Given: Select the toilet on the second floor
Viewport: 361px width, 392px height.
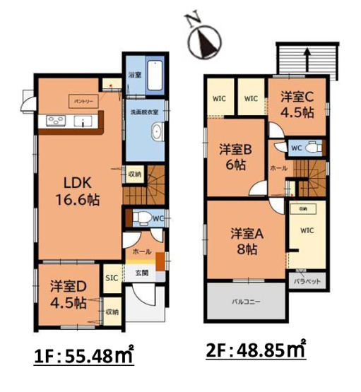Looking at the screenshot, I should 314,148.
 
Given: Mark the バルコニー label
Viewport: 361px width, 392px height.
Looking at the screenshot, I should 246,302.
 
